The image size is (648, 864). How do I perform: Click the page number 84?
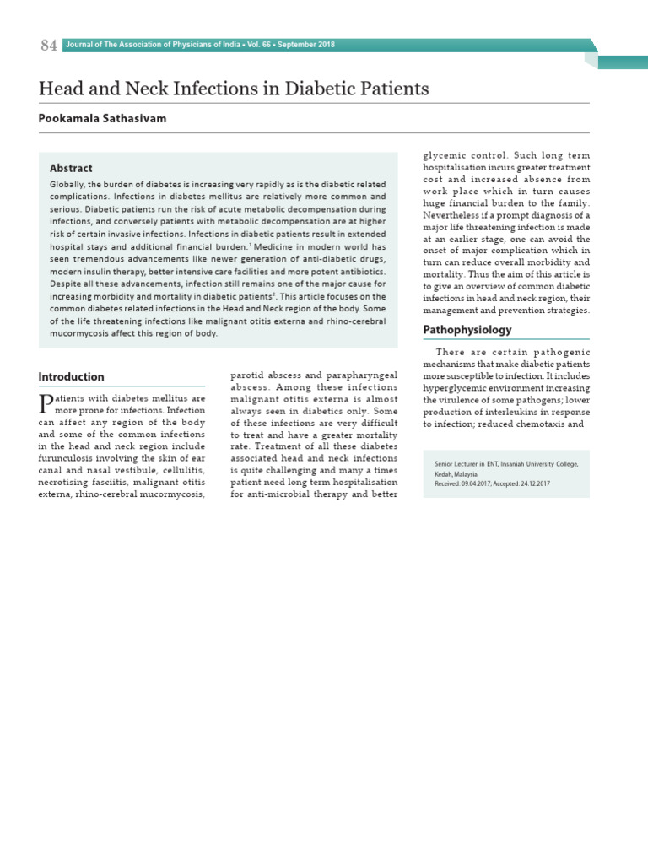[x=48, y=46]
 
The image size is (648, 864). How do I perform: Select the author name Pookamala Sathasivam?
[x=102, y=119]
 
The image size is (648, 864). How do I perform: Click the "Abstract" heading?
[x=71, y=168]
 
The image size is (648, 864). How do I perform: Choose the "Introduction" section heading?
[x=72, y=376]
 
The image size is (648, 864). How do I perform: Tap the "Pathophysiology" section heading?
[x=467, y=329]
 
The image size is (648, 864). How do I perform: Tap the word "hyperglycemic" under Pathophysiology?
[x=458, y=387]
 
